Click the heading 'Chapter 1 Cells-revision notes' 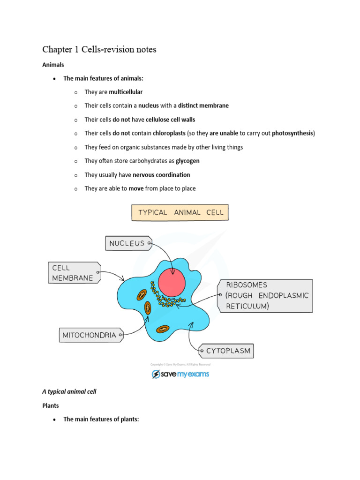click(99, 50)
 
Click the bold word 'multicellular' click(126, 92)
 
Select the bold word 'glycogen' click(187, 161)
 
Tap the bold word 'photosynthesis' click(292, 133)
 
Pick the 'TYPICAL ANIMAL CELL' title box click(180, 212)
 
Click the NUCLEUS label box click(127, 243)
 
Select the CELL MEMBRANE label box click(73, 273)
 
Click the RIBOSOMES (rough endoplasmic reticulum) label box click(265, 296)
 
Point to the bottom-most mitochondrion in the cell click(163, 330)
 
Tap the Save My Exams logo click(180, 374)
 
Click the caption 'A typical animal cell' click(69, 391)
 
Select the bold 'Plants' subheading click(51, 405)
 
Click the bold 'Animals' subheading click(53, 65)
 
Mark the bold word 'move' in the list click(129, 188)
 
